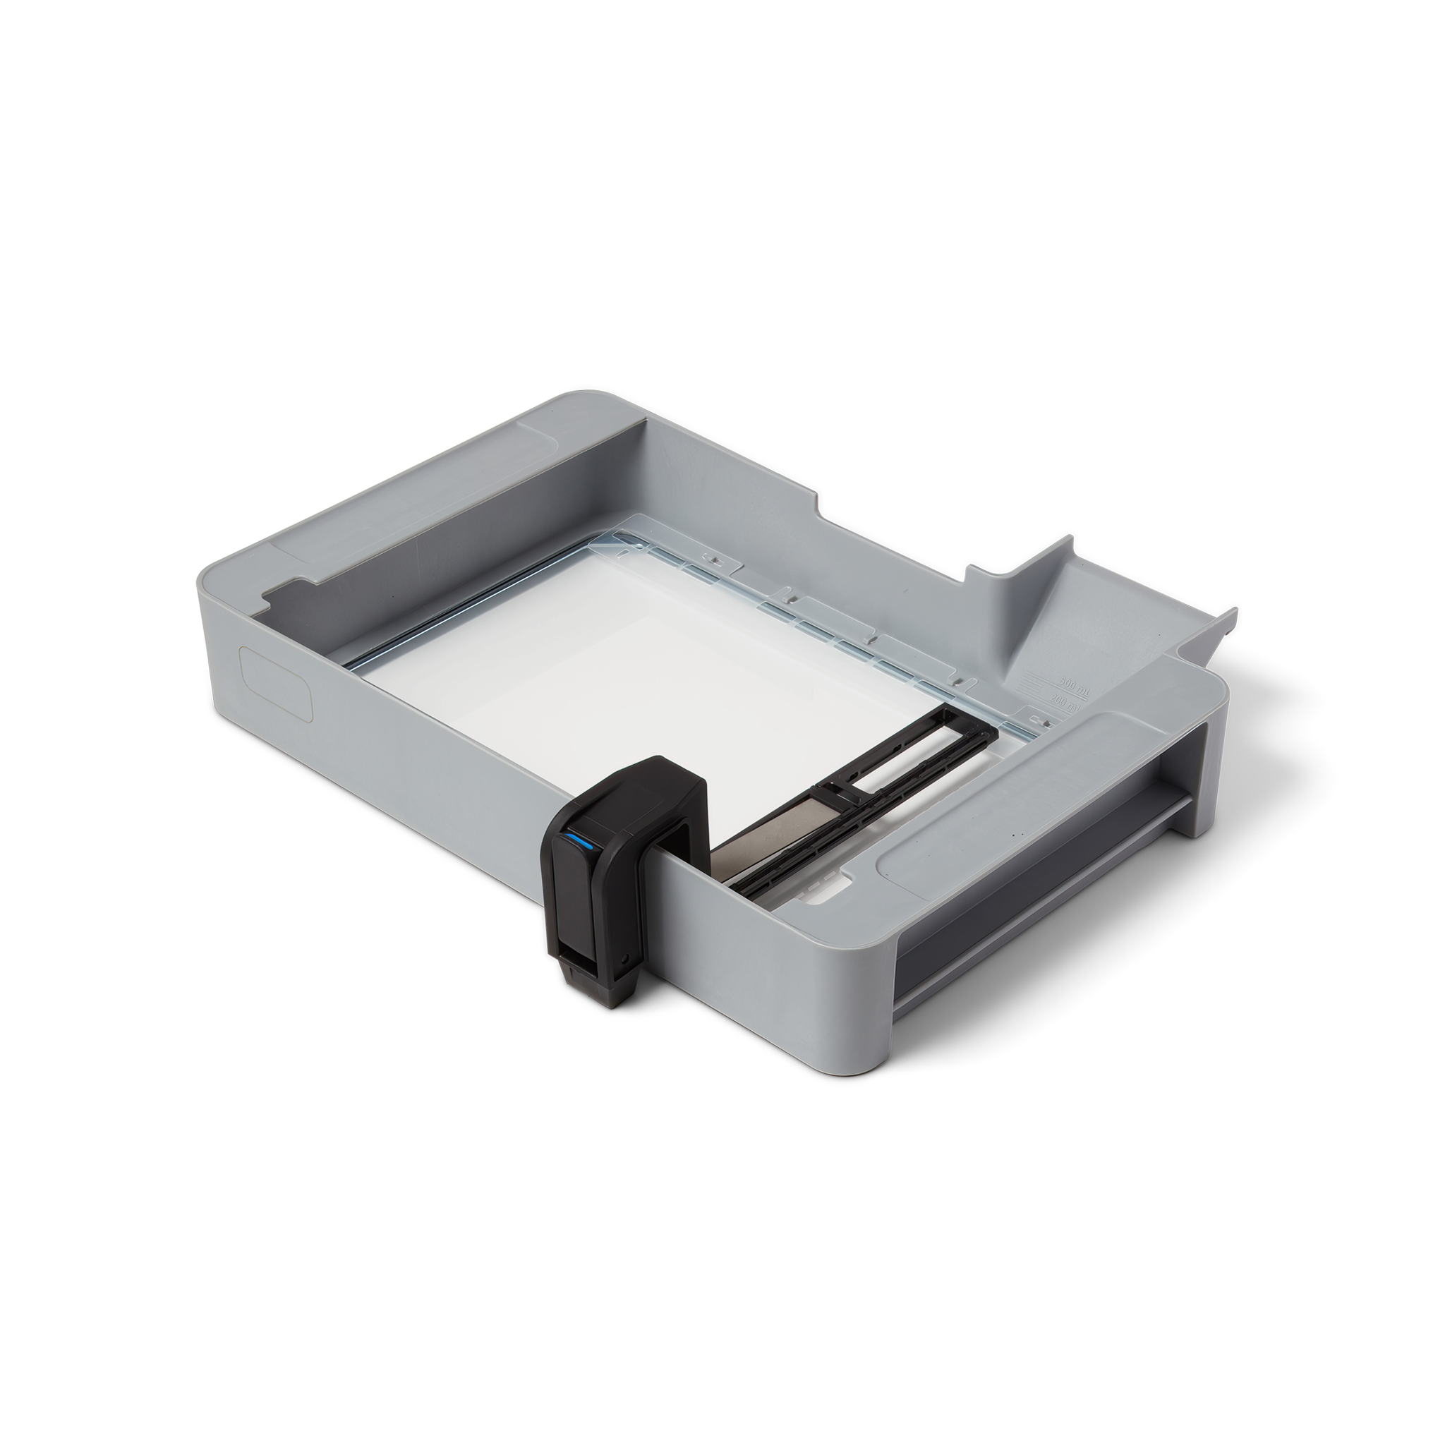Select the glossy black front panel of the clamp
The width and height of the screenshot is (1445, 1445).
pos(576,897)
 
